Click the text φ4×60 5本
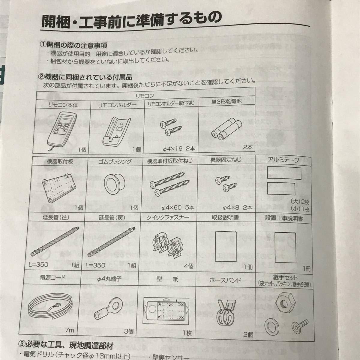coord(178,207)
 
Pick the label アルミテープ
coord(283,160)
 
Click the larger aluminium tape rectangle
coord(284,173)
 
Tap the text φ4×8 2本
coord(238,207)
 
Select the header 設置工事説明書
coord(284,219)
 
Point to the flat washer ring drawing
coord(272,327)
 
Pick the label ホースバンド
coord(226,280)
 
